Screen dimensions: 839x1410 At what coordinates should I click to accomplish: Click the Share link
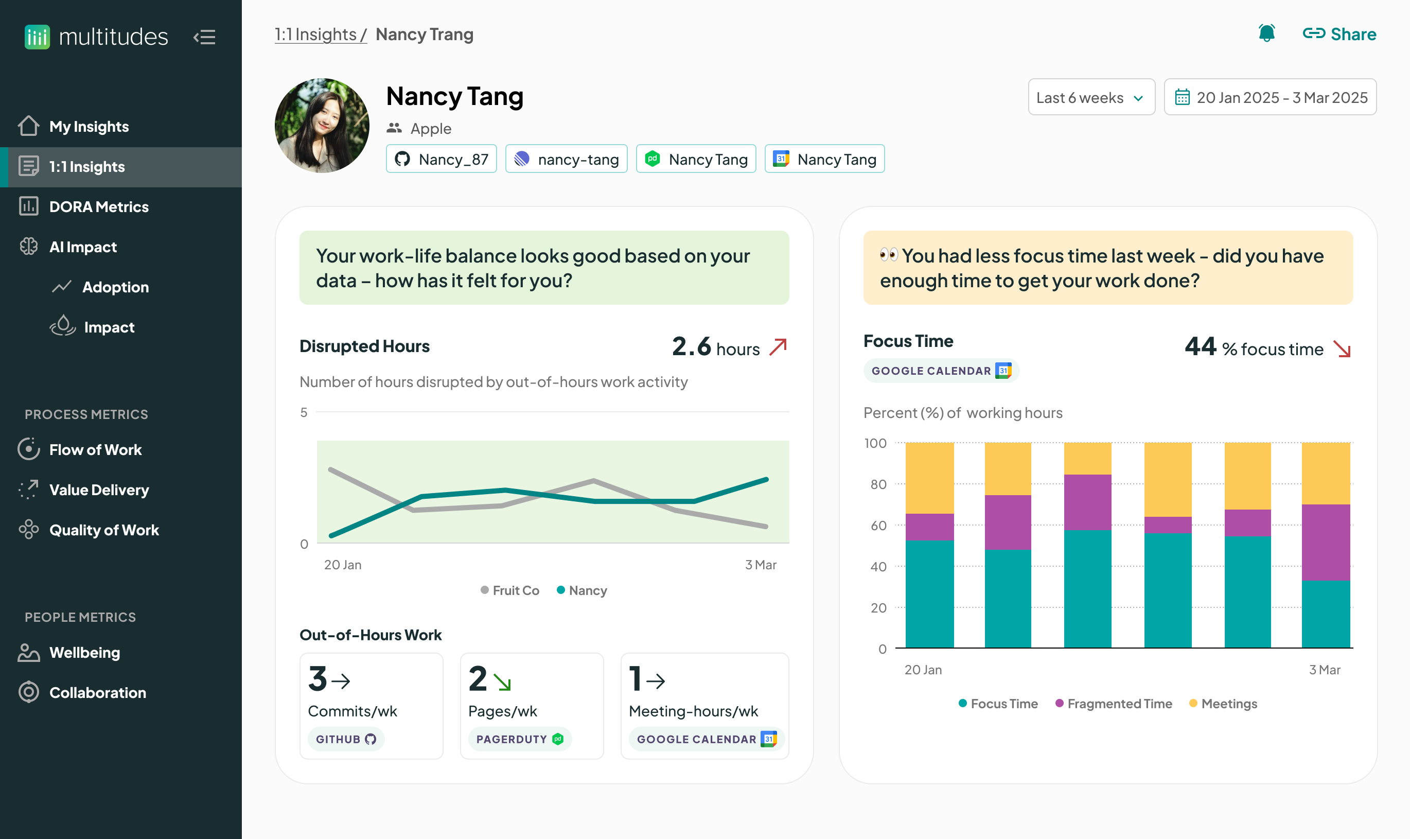pyautogui.click(x=1339, y=34)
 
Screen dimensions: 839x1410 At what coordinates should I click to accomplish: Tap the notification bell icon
pyautogui.click(x=1266, y=33)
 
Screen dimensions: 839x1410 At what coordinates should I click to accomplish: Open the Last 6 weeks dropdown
pyautogui.click(x=1091, y=97)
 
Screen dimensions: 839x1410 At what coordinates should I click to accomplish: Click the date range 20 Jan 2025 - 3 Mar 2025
pyautogui.click(x=1270, y=97)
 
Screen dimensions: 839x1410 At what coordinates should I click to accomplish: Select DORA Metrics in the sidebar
pyautogui.click(x=99, y=207)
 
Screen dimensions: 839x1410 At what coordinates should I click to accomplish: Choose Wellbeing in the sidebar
pyautogui.click(x=85, y=653)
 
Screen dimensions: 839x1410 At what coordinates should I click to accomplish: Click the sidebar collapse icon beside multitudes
pyautogui.click(x=205, y=37)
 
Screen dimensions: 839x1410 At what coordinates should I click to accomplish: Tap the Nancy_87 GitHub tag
pyautogui.click(x=442, y=160)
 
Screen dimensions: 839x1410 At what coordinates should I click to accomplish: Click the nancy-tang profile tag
pyautogui.click(x=566, y=160)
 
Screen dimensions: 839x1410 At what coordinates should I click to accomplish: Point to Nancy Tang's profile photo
pyautogui.click(x=322, y=126)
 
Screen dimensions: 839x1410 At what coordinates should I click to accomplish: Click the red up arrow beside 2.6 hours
pyautogui.click(x=778, y=347)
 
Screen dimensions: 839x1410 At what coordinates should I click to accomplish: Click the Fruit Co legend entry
pyautogui.click(x=510, y=590)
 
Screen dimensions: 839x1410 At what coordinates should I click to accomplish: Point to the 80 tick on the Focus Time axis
pyautogui.click(x=878, y=484)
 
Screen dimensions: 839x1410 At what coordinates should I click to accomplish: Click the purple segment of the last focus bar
pyautogui.click(x=1325, y=543)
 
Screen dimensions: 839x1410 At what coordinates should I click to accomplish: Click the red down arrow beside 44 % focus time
pyautogui.click(x=1342, y=349)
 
